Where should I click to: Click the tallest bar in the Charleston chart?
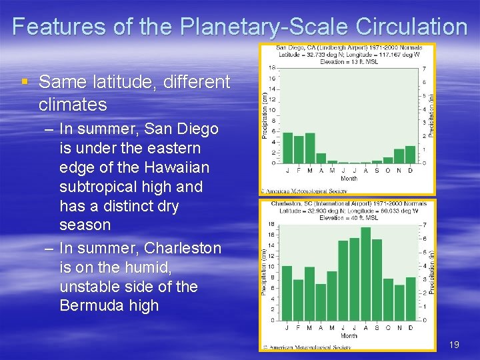(365, 274)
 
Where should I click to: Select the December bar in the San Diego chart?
(411, 154)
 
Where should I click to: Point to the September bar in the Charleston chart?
(377, 280)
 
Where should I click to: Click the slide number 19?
(454, 345)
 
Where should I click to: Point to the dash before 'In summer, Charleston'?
(49, 248)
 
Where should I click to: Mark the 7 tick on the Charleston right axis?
(425, 225)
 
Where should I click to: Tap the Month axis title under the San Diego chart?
(349, 179)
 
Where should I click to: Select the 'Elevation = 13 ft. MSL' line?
(349, 61)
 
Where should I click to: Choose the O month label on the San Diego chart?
(388, 170)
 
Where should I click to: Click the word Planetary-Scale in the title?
(261, 27)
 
